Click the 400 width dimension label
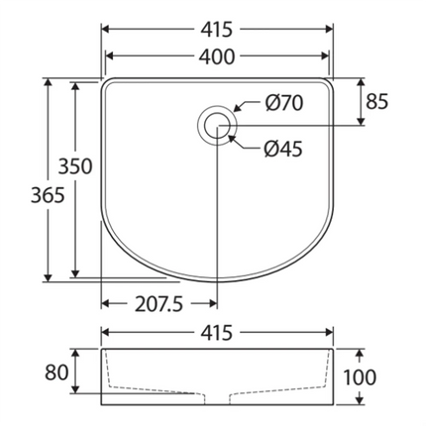tap(216, 57)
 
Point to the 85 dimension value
tap(377, 101)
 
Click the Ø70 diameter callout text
tap(282, 102)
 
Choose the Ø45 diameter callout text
tap(282, 150)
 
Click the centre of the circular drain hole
tap(216, 125)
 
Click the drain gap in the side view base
tap(216, 399)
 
